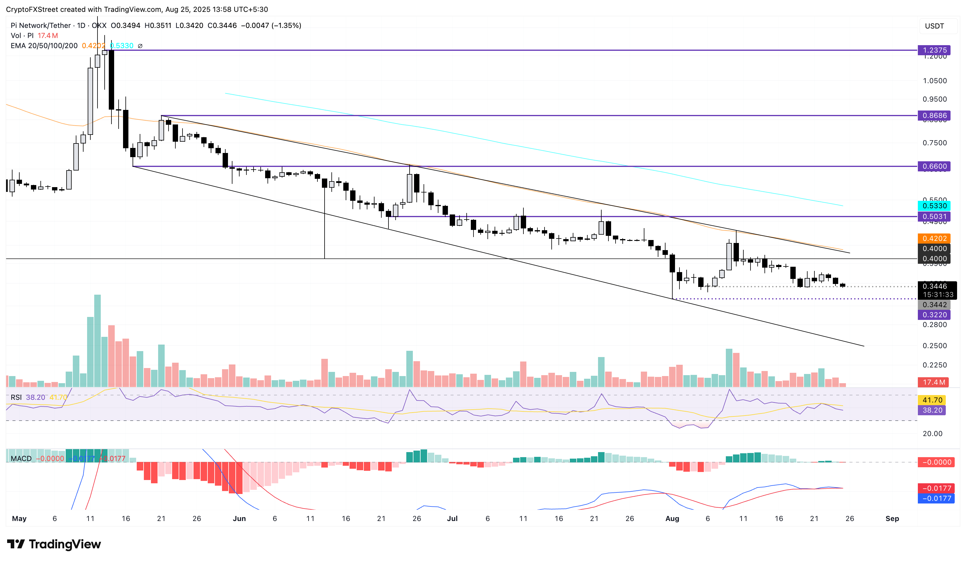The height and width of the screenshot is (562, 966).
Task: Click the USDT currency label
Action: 934,26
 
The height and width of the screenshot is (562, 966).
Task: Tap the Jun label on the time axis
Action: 239,518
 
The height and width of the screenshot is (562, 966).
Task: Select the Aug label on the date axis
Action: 672,518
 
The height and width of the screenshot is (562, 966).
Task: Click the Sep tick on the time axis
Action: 892,518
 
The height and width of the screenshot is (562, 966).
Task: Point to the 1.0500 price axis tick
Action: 934,81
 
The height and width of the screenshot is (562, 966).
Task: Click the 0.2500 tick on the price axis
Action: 934,345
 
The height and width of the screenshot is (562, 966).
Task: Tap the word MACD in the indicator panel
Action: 21,459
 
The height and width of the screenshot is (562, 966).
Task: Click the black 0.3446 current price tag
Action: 934,286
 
